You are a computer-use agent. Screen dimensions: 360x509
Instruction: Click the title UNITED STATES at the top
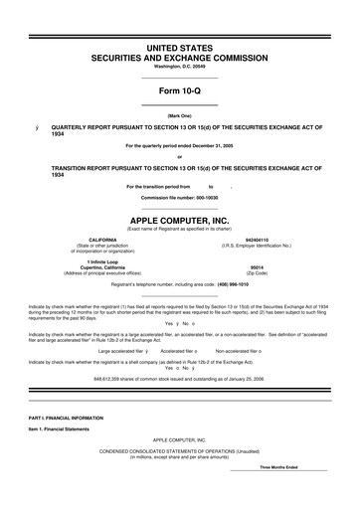pyautogui.click(x=179, y=48)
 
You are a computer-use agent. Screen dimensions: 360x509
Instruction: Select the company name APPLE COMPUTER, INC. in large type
pyautogui.click(x=179, y=219)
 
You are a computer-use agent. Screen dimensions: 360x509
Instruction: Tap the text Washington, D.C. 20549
pyautogui.click(x=179, y=67)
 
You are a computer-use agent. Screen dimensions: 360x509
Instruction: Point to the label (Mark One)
pyautogui.click(x=179, y=116)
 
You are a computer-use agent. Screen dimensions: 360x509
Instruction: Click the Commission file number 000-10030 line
pyautogui.click(x=179, y=197)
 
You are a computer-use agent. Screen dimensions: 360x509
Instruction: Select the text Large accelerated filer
pyautogui.click(x=120, y=351)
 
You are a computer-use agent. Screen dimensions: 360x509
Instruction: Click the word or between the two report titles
pyautogui.click(x=179, y=157)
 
